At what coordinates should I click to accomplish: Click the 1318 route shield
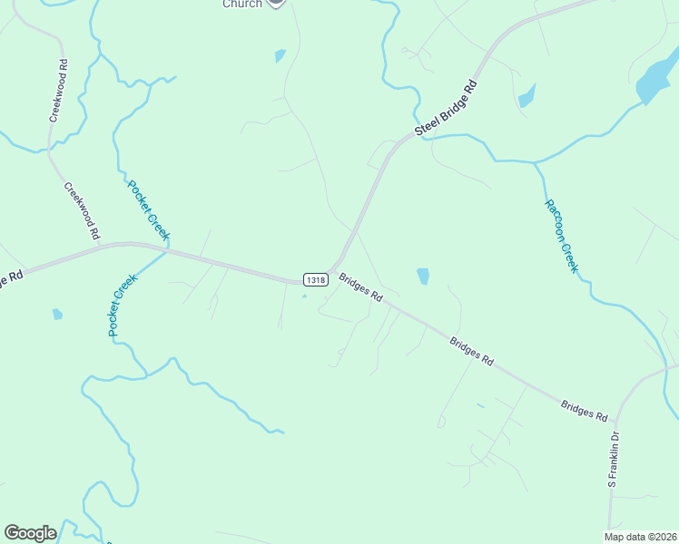(x=315, y=280)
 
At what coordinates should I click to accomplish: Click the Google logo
(x=30, y=533)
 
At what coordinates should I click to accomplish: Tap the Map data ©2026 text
(x=641, y=537)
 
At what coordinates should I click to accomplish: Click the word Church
(x=242, y=4)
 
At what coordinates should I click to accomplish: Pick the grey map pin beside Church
(x=276, y=3)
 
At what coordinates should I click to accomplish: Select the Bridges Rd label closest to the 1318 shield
(x=361, y=287)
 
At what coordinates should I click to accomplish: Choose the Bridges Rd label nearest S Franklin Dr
(x=584, y=410)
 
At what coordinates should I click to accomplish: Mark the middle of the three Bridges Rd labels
(x=471, y=350)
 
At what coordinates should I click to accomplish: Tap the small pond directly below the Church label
(x=280, y=56)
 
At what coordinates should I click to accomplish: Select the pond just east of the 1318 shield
(x=422, y=276)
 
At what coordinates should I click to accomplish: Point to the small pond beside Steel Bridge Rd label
(x=526, y=95)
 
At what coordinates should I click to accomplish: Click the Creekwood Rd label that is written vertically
(x=58, y=91)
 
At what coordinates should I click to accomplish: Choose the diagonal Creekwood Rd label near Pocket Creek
(x=82, y=210)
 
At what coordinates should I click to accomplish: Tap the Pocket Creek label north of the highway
(x=148, y=210)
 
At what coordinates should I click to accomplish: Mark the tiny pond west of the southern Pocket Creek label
(x=57, y=315)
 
